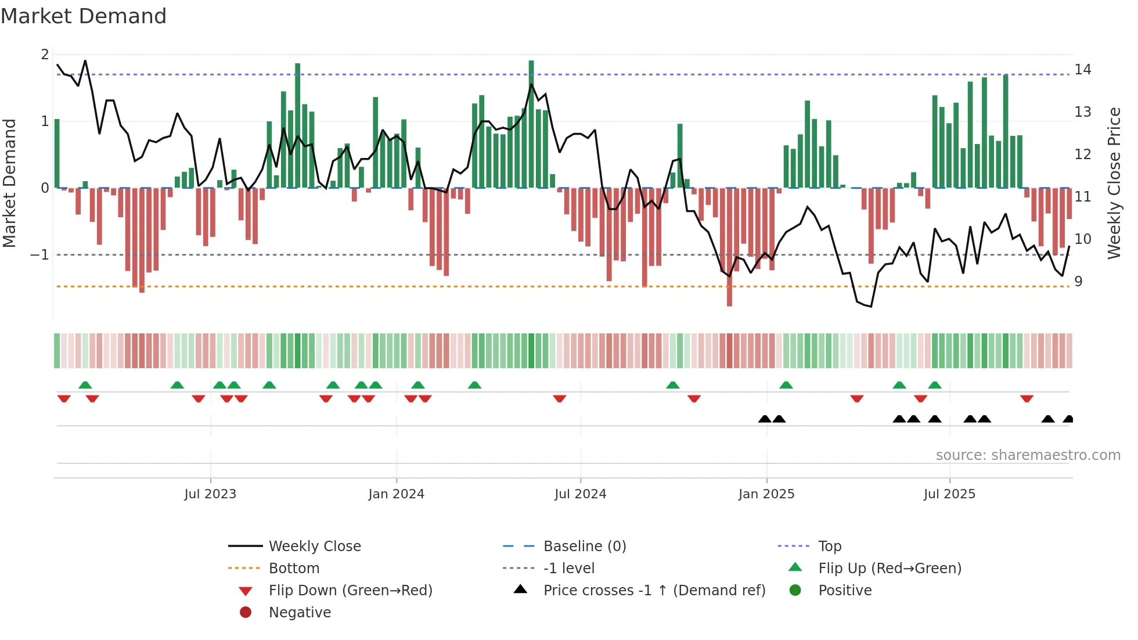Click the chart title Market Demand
(84, 16)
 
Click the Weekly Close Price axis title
(1114, 183)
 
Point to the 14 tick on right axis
(1082, 70)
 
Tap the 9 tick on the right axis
(1078, 282)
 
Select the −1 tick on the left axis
(39, 255)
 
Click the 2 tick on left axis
(45, 55)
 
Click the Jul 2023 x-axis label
(210, 494)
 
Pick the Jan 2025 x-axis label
(766, 494)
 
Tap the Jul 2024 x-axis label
(580, 494)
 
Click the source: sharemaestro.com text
(1028, 455)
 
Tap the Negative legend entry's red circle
(246, 613)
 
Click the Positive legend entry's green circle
(795, 591)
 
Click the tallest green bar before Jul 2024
(531, 124)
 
